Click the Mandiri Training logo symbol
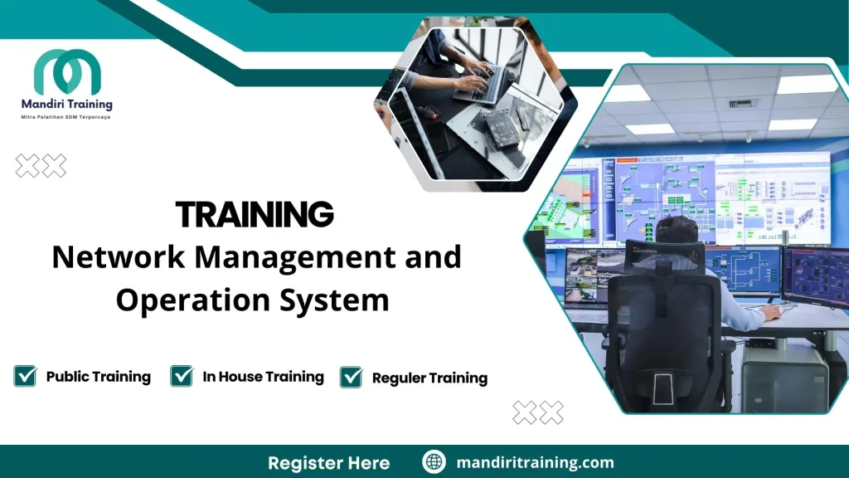[x=67, y=72]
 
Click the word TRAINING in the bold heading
[x=255, y=215]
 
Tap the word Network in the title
[x=118, y=257]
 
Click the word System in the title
[x=337, y=300]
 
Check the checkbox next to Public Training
[x=25, y=376]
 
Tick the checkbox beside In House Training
[x=182, y=376]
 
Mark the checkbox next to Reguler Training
[x=352, y=377]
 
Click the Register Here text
[x=328, y=462]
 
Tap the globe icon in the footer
[x=434, y=462]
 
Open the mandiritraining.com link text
[x=535, y=462]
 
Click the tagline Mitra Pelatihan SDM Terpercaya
[x=65, y=117]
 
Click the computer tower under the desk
[x=784, y=378]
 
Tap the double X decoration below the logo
[x=41, y=166]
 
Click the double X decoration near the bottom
[x=538, y=412]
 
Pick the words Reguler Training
[x=429, y=378]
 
